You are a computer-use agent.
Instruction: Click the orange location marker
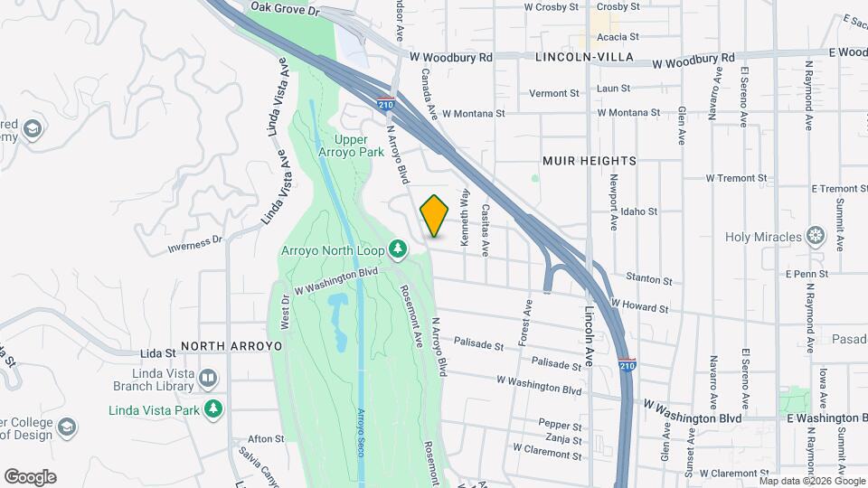pos(435,216)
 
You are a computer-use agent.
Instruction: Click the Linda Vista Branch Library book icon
pos(208,378)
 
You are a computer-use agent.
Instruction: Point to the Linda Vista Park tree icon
pos(213,409)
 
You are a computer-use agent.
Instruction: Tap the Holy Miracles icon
pos(816,237)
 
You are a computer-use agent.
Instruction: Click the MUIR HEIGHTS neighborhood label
pos(589,161)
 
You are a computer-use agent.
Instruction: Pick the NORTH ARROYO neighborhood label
pos(231,346)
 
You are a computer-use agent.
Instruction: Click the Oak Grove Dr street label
pos(286,8)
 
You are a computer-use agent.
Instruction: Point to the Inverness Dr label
pos(195,244)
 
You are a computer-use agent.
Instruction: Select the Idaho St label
pos(638,211)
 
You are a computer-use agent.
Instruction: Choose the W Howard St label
pos(639,306)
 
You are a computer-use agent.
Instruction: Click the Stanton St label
pos(654,281)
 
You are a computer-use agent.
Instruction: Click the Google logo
pos(30,476)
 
